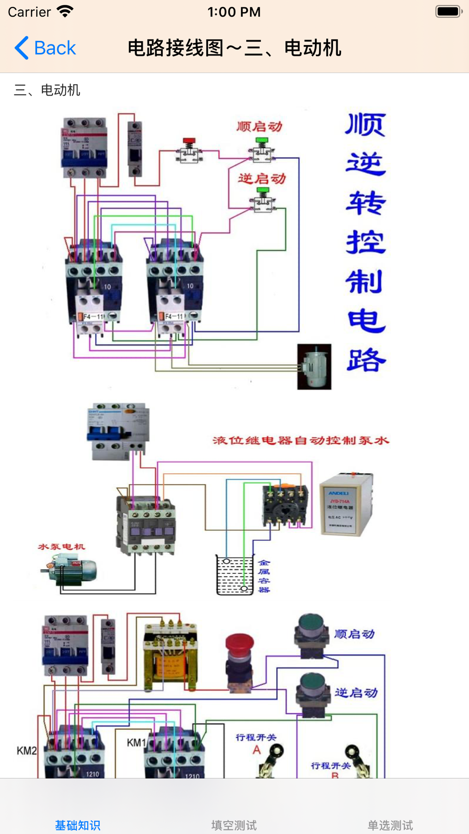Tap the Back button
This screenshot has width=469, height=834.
tap(45, 48)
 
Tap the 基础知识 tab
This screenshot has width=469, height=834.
tap(78, 825)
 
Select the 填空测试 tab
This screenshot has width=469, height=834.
tap(234, 825)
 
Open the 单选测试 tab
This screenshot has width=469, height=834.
tap(390, 825)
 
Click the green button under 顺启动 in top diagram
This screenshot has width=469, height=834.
tap(262, 149)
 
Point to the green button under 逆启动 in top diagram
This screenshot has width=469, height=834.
tap(262, 199)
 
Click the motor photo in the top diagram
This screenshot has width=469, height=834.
tap(314, 367)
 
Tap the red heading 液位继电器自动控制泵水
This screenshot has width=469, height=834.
tap(301, 440)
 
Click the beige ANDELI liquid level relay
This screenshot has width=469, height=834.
tap(346, 504)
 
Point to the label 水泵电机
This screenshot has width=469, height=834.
tap(61, 546)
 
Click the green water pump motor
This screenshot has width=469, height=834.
tap(70, 569)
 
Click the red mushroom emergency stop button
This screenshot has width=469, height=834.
tap(240, 661)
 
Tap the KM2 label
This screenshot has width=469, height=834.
tap(27, 751)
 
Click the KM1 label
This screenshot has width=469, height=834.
tap(136, 743)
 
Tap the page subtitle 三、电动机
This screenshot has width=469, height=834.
tap(47, 90)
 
